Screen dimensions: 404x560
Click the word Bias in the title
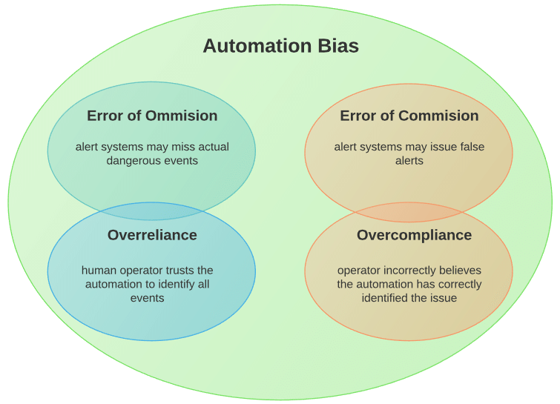(x=335, y=46)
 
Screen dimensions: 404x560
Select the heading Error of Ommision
(x=152, y=116)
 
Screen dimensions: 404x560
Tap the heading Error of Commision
(x=409, y=116)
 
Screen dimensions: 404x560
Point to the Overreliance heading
(x=152, y=235)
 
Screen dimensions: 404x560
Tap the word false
(x=470, y=147)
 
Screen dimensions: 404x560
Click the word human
(x=97, y=271)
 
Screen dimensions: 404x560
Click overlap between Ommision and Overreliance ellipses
(x=152, y=211)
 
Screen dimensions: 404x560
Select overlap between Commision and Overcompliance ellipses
(x=409, y=212)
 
